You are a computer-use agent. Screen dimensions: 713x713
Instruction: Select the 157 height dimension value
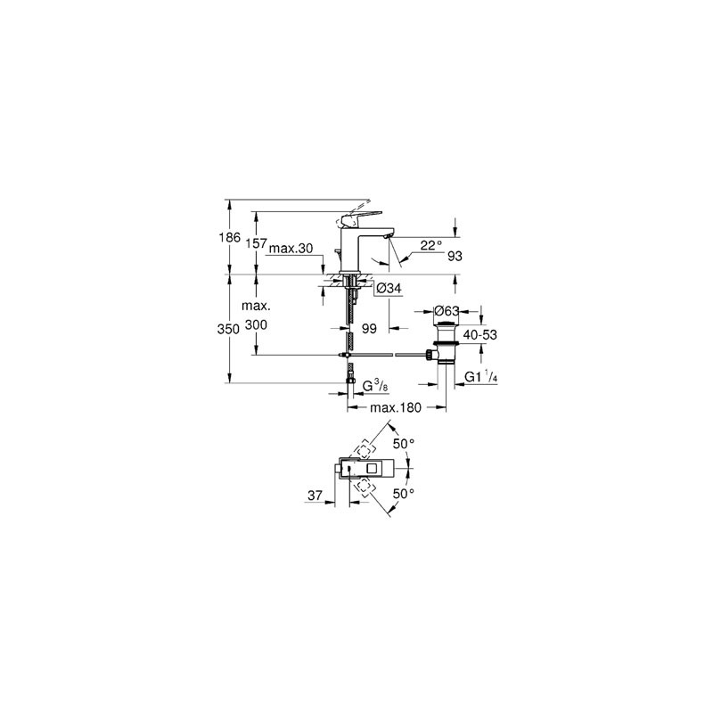coord(256,243)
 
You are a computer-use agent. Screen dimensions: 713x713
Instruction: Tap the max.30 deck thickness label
coord(291,249)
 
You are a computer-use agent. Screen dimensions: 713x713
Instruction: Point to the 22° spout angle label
coord(430,246)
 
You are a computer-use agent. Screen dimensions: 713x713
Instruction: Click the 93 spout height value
coord(455,256)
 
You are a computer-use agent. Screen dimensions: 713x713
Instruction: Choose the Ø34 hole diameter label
coord(389,288)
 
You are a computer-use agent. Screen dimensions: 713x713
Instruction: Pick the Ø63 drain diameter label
coord(447,311)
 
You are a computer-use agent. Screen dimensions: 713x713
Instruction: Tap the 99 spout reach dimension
coord(369,328)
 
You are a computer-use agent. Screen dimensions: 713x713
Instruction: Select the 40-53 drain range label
coord(479,335)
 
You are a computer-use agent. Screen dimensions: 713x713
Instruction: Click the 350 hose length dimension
coord(228,329)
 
